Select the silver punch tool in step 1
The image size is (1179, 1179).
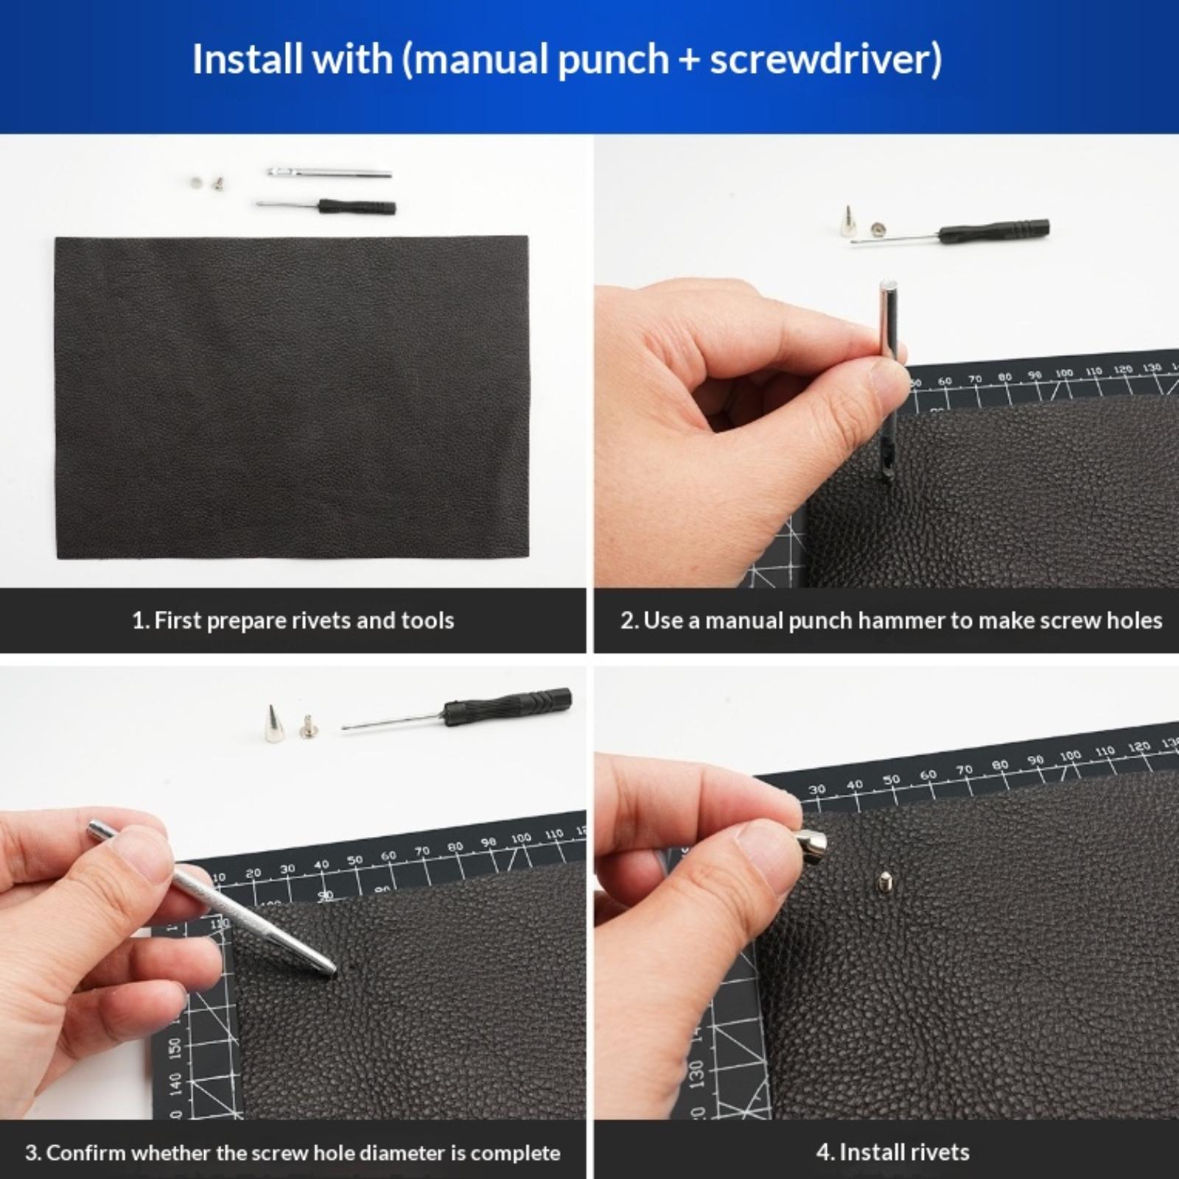[x=329, y=173]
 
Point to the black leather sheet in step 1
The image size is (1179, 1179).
[x=293, y=397]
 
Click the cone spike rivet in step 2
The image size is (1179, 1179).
[x=847, y=221]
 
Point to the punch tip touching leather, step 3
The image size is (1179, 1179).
[x=329, y=970]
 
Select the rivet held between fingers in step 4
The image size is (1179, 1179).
[x=811, y=845]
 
